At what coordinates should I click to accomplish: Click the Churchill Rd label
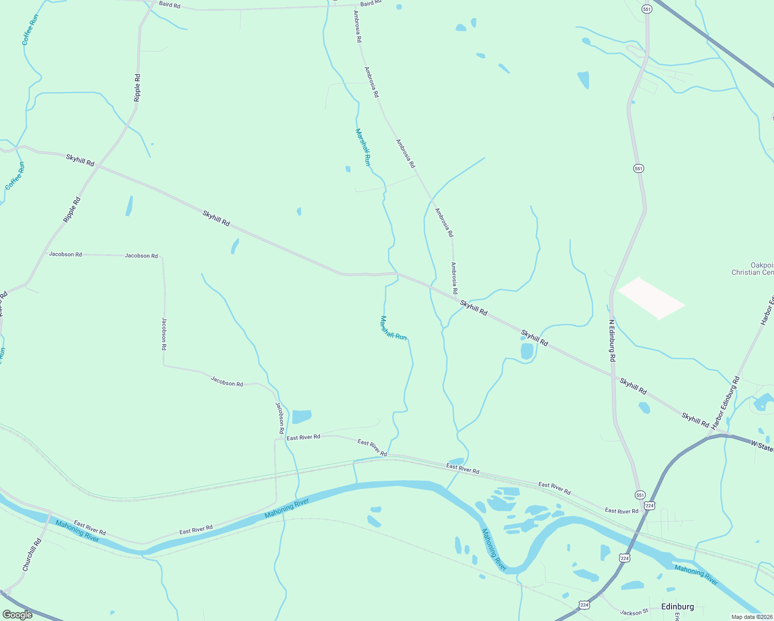pyautogui.click(x=32, y=555)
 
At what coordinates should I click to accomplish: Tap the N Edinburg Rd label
pyautogui.click(x=612, y=340)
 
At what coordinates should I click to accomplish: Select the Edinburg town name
pyautogui.click(x=677, y=607)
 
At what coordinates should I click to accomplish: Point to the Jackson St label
pyautogui.click(x=634, y=613)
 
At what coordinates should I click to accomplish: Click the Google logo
pyautogui.click(x=18, y=615)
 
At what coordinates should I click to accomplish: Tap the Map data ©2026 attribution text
pyautogui.click(x=752, y=617)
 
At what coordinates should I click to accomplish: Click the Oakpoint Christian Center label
pyautogui.click(x=753, y=269)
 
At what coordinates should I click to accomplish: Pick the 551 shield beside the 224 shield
pyautogui.click(x=641, y=495)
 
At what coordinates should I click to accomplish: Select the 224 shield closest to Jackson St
pyautogui.click(x=584, y=604)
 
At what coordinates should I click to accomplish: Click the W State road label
pyautogui.click(x=762, y=445)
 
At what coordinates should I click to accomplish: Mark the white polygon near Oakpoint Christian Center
pyautogui.click(x=651, y=298)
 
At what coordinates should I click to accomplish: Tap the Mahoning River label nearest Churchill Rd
pyautogui.click(x=77, y=531)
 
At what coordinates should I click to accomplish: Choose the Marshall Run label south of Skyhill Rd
pyautogui.click(x=393, y=328)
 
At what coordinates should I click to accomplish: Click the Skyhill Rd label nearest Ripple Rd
pyautogui.click(x=80, y=159)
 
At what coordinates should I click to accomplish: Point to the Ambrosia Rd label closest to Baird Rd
pyautogui.click(x=357, y=26)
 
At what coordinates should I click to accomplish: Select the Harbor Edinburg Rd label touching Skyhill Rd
pyautogui.click(x=725, y=403)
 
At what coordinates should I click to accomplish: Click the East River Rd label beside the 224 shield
pyautogui.click(x=622, y=511)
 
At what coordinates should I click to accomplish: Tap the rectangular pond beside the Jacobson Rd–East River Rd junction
pyautogui.click(x=302, y=416)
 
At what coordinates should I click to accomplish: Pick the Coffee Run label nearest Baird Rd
pyautogui.click(x=31, y=29)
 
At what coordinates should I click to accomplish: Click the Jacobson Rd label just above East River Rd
pyautogui.click(x=279, y=418)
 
